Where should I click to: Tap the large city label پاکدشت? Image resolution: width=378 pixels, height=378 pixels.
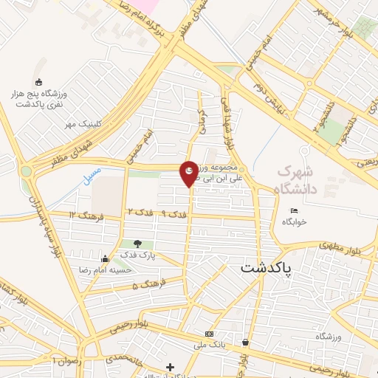[267, 269]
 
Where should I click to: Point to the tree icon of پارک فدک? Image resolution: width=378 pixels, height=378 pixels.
[138, 244]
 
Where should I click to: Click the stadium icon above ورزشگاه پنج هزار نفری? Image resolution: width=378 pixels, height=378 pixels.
[39, 83]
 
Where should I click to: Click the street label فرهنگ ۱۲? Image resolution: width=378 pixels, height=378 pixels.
[83, 214]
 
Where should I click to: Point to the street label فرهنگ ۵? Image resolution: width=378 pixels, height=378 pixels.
[145, 285]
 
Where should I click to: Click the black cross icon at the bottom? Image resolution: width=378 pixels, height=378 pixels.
[170, 367]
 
